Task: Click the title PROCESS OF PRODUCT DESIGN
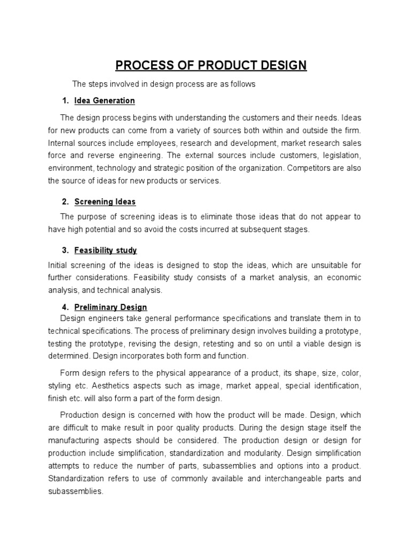pyautogui.click(x=211, y=66)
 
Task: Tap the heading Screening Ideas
pyautogui.click(x=105, y=201)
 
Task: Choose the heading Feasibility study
pyautogui.click(x=106, y=250)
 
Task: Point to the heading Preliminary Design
pyautogui.click(x=111, y=307)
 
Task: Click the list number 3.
pyautogui.click(x=65, y=250)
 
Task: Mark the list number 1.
pyautogui.click(x=65, y=100)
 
